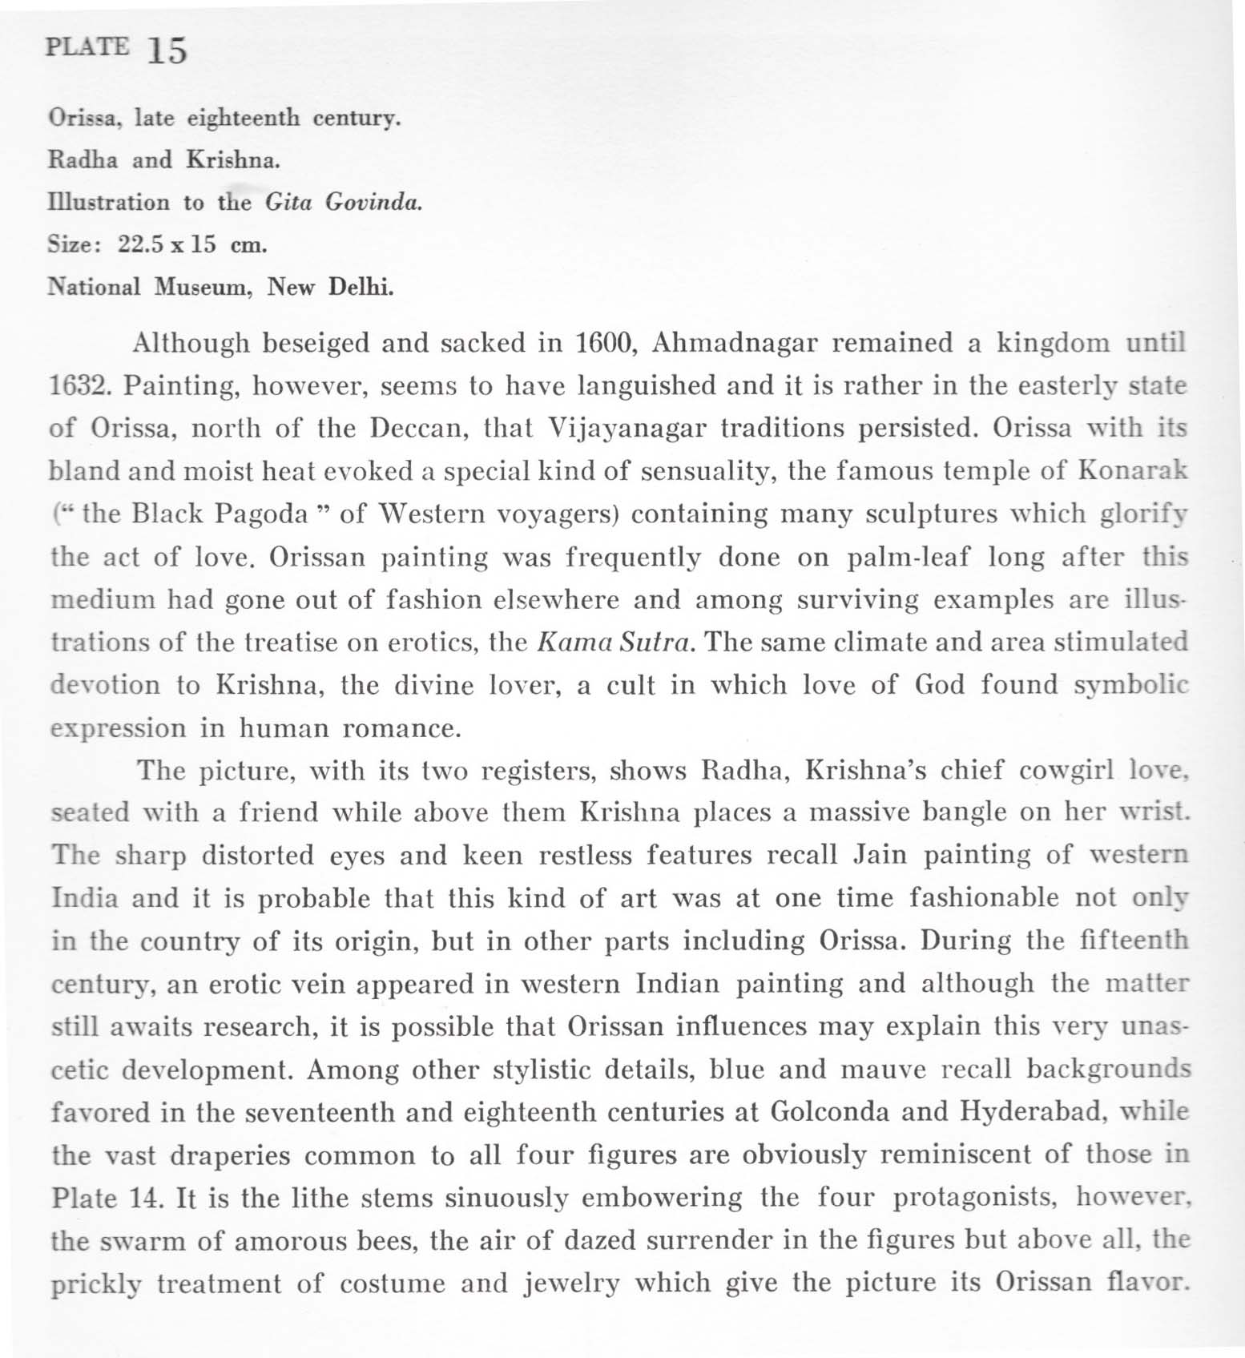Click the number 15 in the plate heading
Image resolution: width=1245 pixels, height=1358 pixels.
pos(167,50)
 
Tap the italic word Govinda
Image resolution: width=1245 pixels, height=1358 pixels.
pos(373,202)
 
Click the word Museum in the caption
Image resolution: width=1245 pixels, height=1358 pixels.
pos(203,287)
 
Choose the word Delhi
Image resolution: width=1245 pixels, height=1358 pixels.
pos(361,287)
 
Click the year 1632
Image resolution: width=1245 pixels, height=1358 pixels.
pos(79,387)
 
